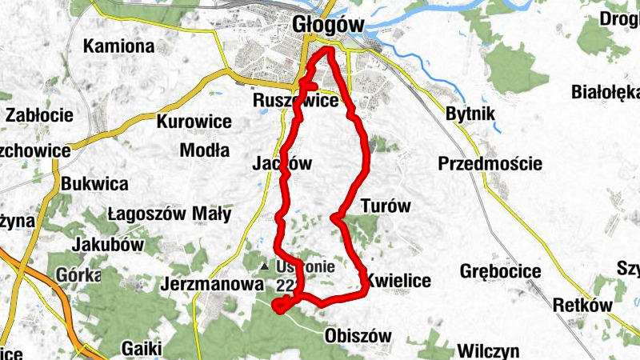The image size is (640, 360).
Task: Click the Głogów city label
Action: (328, 24)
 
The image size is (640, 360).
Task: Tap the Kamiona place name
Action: (119, 46)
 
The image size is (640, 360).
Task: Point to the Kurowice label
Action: (194, 122)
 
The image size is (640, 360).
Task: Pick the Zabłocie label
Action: (39, 114)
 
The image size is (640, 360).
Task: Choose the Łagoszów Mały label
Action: (169, 214)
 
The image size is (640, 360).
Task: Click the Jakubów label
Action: (106, 244)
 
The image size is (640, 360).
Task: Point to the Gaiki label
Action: (142, 348)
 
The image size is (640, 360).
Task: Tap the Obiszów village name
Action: (358, 336)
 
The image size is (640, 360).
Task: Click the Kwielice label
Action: (398, 281)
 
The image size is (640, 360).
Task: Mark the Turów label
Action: (386, 206)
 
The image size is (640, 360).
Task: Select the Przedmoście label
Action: (490, 164)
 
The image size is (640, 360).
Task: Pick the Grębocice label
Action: (500, 271)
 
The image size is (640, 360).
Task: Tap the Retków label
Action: (582, 305)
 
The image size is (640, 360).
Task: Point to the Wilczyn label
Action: (489, 350)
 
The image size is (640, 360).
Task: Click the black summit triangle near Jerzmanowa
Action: (265, 266)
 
